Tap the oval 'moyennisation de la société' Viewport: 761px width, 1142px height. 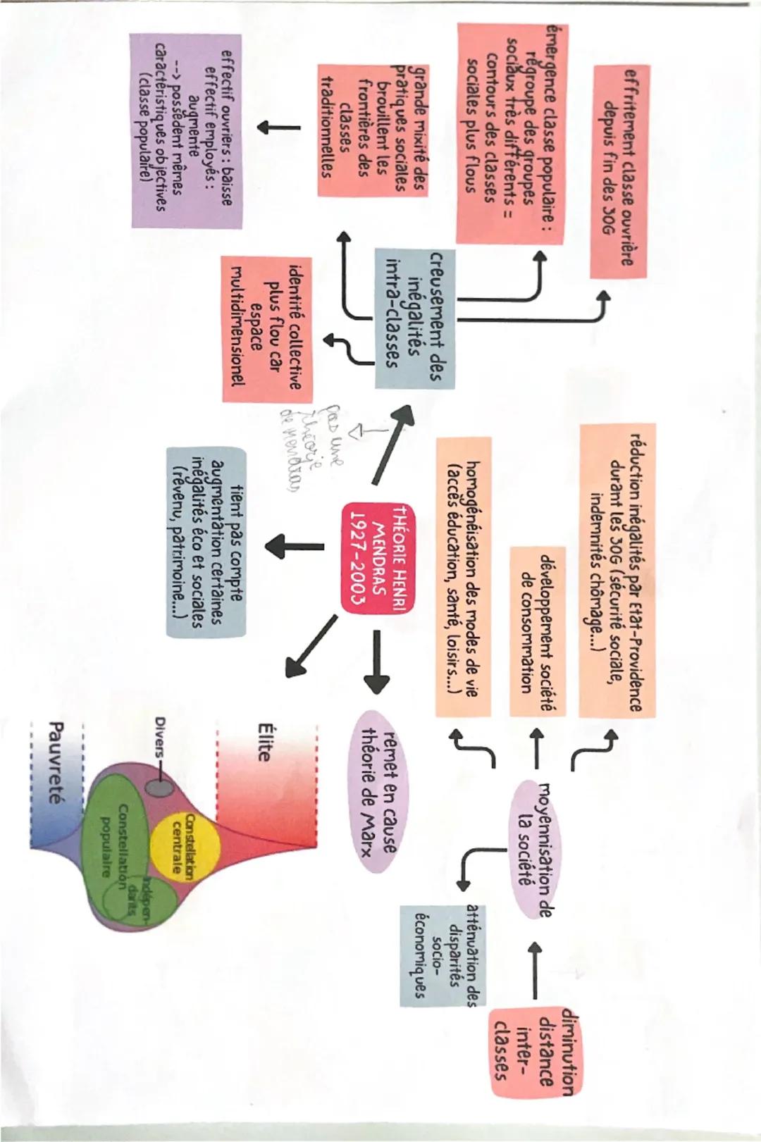[x=533, y=849]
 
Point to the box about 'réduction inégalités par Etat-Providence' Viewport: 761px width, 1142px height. [x=617, y=569]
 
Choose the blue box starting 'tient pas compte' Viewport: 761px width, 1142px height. [x=207, y=542]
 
